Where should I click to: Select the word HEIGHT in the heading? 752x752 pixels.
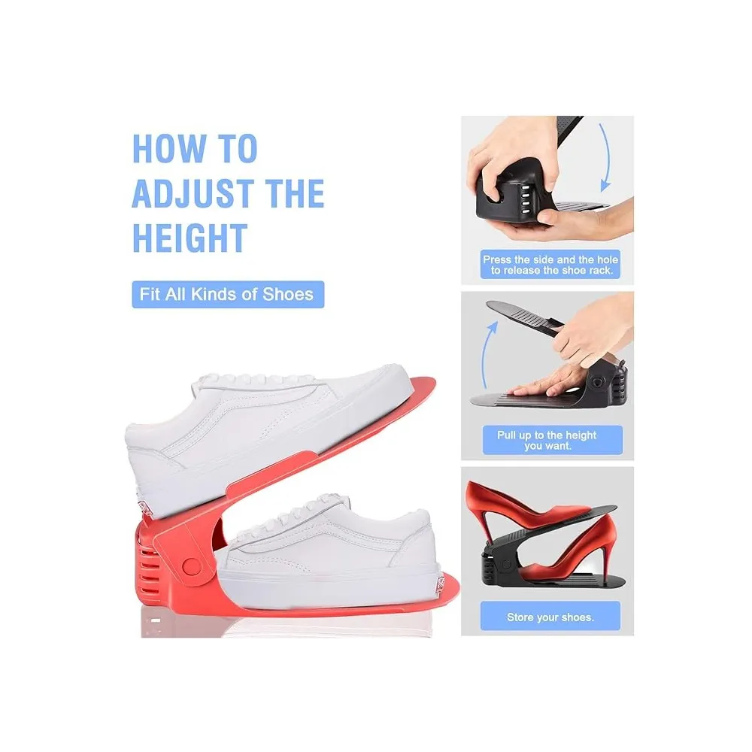click(190, 238)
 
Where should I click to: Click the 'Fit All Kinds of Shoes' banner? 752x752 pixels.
click(228, 294)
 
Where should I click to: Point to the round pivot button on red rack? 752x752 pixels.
click(192, 566)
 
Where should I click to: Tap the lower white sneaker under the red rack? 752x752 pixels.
click(326, 551)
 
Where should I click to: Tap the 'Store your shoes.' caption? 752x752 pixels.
click(550, 617)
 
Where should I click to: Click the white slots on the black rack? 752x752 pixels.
click(525, 196)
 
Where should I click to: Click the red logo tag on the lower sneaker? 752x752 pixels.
click(439, 584)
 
